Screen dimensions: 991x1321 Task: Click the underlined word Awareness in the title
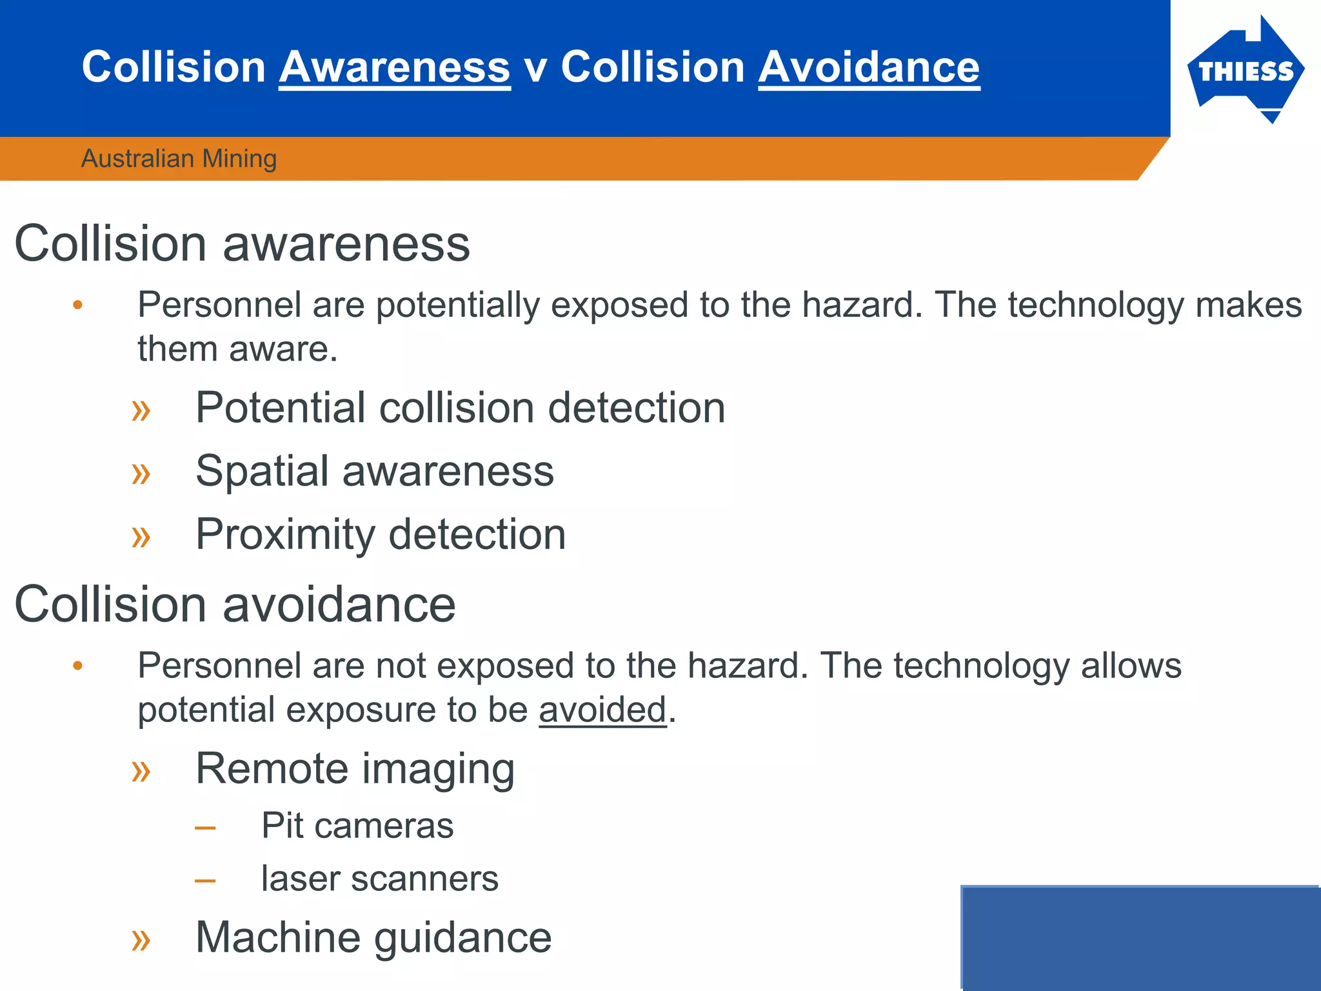395,67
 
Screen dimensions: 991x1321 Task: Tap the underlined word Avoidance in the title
869,67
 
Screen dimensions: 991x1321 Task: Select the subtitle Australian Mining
179,159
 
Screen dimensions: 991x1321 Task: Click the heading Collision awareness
242,244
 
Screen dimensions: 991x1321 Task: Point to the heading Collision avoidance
235,605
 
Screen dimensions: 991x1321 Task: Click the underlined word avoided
602,710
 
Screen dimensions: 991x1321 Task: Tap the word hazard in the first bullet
862,305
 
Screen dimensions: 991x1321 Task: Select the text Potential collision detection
460,408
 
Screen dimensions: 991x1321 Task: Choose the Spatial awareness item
374,471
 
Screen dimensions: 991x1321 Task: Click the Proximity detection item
381,534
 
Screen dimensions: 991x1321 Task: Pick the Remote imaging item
355,768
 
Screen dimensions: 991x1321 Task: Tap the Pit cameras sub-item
357,825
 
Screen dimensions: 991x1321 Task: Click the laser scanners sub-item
379,879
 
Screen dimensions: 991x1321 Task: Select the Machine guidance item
373,937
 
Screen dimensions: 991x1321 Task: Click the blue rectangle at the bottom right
1140,938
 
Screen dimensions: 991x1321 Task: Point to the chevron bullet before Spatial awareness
141,474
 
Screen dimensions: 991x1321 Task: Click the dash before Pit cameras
205,827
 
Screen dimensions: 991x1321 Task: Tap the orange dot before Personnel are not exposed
78,666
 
